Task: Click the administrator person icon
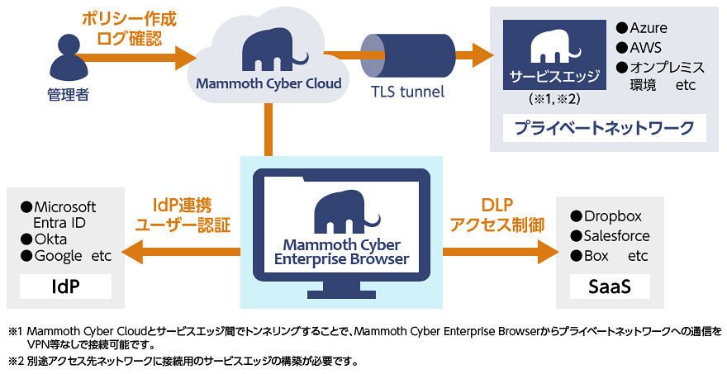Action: pyautogui.click(x=68, y=56)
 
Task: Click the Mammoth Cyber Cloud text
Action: pyautogui.click(x=268, y=83)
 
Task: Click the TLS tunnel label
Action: pyautogui.click(x=407, y=92)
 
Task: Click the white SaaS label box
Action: pyautogui.click(x=610, y=286)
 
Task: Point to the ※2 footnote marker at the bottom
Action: pyautogui.click(x=17, y=361)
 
